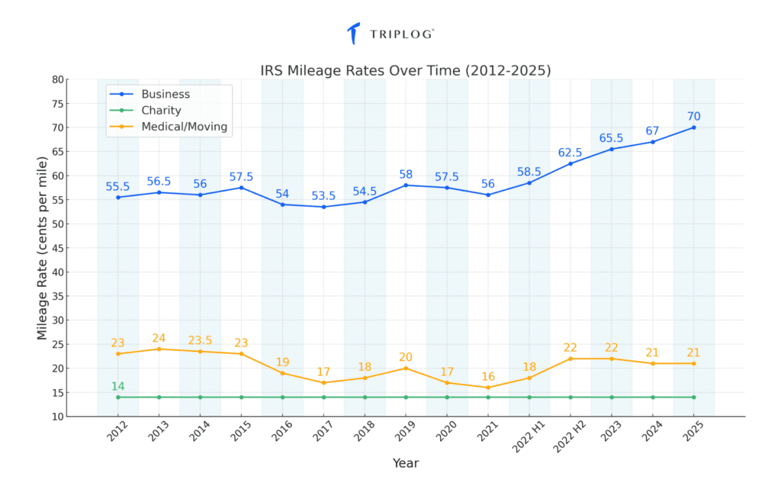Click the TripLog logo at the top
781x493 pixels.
click(390, 34)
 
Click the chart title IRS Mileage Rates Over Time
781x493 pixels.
click(405, 70)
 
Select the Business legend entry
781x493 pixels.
click(166, 94)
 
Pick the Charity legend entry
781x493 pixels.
click(161, 111)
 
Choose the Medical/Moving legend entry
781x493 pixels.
click(184, 127)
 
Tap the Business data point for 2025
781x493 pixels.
click(693, 127)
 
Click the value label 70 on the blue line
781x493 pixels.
click(693, 116)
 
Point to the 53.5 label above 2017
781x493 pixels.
click(323, 196)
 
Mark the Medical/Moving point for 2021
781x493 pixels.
click(488, 388)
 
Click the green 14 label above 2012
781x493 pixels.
click(118, 386)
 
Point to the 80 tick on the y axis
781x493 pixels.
click(57, 79)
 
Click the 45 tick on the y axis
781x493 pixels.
click(57, 248)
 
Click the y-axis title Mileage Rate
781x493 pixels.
click(42, 248)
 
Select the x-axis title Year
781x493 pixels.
click(405, 462)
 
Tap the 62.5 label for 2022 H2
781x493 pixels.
click(570, 152)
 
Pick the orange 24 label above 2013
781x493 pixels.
click(159, 338)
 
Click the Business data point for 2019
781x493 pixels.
click(406, 185)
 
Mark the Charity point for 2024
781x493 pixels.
click(652, 397)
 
